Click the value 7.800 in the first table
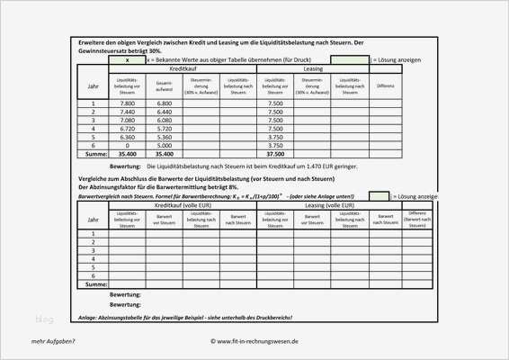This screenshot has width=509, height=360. tap(128, 103)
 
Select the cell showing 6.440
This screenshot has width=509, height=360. tap(164, 112)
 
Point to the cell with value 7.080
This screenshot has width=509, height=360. tap(128, 120)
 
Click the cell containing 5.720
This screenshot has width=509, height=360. tap(164, 128)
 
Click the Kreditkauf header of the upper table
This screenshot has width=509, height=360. tap(183, 68)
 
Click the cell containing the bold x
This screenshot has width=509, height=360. tap(128, 59)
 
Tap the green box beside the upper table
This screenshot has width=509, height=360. tap(350, 59)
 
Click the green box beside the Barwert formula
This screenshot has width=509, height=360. tap(379, 195)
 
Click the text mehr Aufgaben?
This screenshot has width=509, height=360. tap(53, 341)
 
